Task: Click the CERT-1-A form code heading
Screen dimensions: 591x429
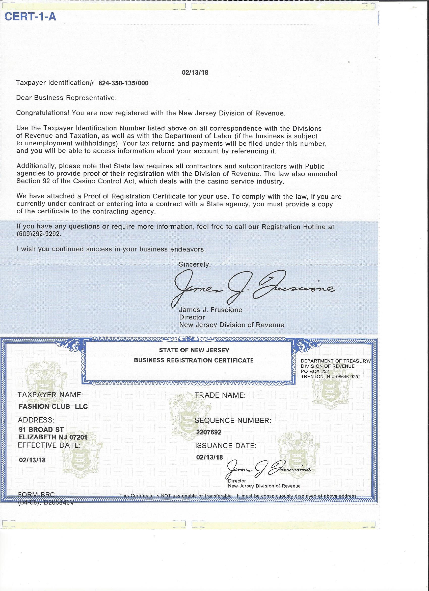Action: [x=31, y=17]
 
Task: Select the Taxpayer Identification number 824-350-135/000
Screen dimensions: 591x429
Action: [x=124, y=83]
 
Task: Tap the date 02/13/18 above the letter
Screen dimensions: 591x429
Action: [x=195, y=72]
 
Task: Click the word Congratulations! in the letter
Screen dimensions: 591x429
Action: [x=42, y=113]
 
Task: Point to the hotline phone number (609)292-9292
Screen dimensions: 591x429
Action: [x=39, y=234]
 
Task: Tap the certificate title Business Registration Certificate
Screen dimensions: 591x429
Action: [x=194, y=360]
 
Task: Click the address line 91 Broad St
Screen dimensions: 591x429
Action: [x=41, y=429]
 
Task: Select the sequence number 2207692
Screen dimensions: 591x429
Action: [x=209, y=432]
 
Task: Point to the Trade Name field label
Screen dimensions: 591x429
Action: [x=220, y=395]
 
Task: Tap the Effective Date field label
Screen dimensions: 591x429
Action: [x=49, y=445]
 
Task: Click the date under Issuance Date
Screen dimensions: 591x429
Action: [x=210, y=457]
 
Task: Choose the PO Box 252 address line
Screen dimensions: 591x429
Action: [x=315, y=372]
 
